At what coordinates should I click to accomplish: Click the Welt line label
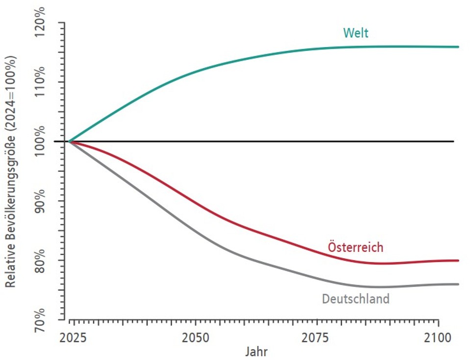(x=356, y=33)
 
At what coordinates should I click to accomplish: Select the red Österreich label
(x=355, y=247)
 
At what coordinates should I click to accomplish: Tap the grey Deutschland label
(x=355, y=298)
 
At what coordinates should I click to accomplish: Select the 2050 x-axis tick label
(x=196, y=338)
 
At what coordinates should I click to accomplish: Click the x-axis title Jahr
(x=257, y=352)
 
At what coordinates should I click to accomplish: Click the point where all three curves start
(x=70, y=142)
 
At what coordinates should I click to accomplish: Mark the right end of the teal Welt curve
(x=458, y=47)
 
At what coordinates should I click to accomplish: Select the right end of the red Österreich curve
(x=458, y=261)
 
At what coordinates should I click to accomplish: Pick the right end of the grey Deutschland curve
(x=458, y=284)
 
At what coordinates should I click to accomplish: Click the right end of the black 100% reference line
(x=454, y=142)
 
